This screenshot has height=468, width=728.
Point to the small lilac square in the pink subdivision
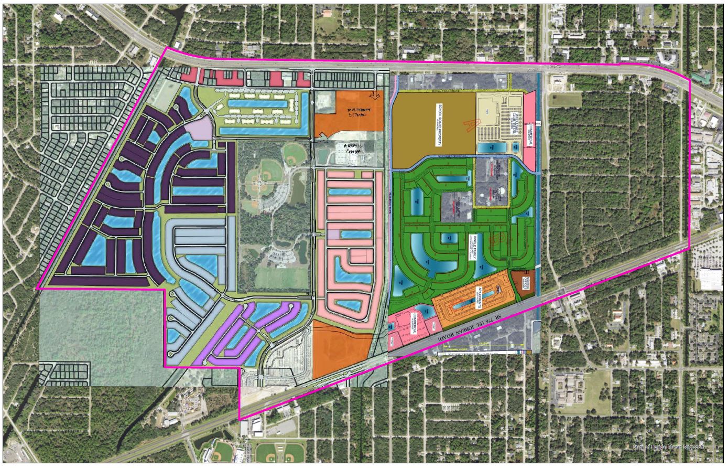pyautogui.click(x=333, y=234)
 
